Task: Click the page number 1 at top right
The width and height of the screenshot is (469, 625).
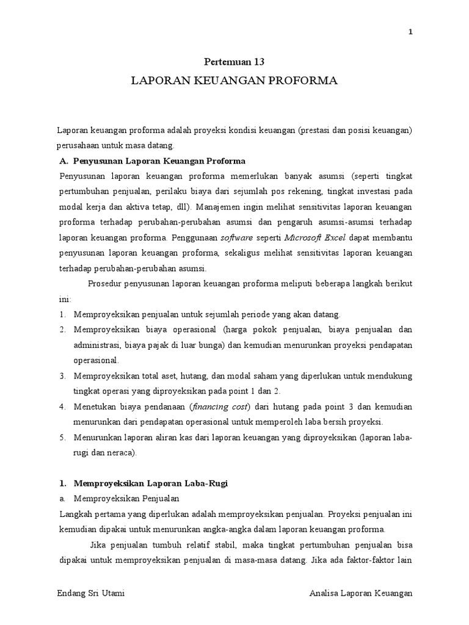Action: [x=411, y=33]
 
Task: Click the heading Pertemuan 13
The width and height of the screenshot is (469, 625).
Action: [x=234, y=61]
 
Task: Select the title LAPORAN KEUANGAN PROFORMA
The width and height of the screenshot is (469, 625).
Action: [x=234, y=81]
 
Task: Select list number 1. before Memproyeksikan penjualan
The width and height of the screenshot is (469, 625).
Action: [x=63, y=314]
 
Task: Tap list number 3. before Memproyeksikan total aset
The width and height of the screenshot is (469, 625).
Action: [x=63, y=375]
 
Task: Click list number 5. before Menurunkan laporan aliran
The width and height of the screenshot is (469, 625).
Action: [x=63, y=438]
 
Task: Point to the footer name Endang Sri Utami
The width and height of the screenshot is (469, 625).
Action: [x=91, y=593]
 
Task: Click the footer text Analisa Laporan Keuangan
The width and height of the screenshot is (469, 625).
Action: [x=361, y=593]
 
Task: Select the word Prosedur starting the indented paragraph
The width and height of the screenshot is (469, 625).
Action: [x=105, y=284]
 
